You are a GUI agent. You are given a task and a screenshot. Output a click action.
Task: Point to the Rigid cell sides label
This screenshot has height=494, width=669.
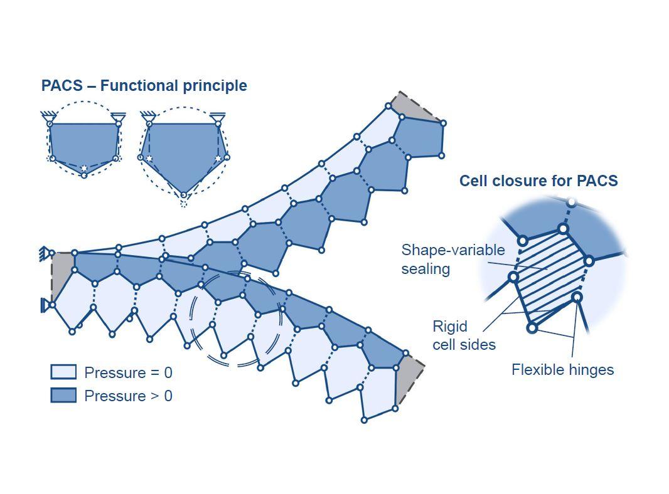click(x=463, y=335)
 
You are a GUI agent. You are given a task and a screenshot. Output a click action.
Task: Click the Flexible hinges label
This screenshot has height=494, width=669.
click(x=562, y=370)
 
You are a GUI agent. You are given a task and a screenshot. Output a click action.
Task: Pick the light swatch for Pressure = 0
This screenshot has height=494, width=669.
click(x=63, y=372)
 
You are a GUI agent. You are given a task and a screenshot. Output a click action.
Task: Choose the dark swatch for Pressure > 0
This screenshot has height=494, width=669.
click(x=63, y=396)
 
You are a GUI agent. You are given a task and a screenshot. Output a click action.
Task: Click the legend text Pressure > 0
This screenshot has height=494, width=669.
click(x=128, y=396)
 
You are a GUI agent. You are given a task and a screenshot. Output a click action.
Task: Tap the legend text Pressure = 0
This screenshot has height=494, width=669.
click(x=128, y=373)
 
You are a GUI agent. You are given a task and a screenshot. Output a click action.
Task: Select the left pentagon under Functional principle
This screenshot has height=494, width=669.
click(x=83, y=144)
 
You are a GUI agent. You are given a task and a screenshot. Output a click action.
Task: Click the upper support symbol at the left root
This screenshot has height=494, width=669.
click(x=45, y=254)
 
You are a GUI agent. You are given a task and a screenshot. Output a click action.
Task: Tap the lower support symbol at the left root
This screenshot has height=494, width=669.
click(x=45, y=305)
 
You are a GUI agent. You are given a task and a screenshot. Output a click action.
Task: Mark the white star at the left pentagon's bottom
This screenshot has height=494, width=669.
click(x=84, y=168)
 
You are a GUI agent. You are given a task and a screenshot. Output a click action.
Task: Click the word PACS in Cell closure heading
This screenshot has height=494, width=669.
click(x=599, y=181)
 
